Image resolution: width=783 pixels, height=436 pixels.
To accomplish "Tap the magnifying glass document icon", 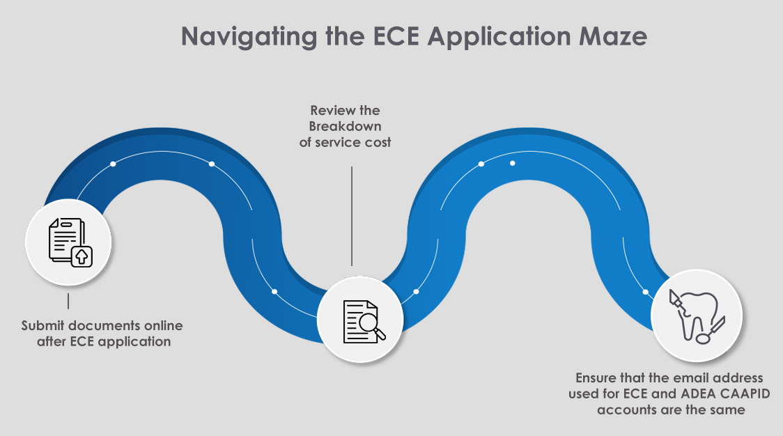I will click(x=361, y=320).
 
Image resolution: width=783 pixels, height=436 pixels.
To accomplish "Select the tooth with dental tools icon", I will click(x=696, y=316).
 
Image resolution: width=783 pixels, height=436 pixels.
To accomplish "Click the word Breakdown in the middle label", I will click(x=346, y=125).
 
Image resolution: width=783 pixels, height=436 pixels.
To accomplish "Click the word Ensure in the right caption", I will click(x=597, y=378).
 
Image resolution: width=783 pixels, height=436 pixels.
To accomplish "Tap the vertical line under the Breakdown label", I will click(x=352, y=216).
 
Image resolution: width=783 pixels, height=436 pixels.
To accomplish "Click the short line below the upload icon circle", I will click(x=68, y=301).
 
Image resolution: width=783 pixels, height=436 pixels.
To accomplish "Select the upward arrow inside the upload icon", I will click(x=82, y=256).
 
